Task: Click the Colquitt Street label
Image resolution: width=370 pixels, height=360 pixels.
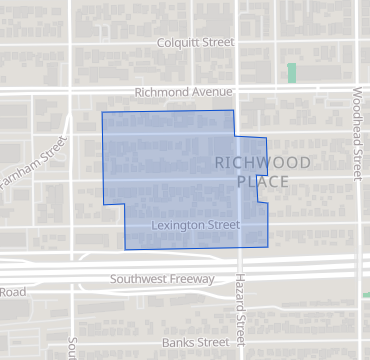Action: pos(196,43)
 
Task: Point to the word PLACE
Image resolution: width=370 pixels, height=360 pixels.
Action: pos(263,182)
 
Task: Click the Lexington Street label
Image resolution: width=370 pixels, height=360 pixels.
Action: pos(196,226)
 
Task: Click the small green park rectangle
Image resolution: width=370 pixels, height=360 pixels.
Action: pos(292,73)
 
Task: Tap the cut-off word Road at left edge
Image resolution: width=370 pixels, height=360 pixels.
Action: pos(12,292)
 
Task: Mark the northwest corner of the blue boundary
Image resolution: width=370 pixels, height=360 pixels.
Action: pos(102,112)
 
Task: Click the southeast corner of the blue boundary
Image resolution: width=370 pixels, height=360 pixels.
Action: pos(270,245)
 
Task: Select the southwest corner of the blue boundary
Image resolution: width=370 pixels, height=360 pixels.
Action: pos(125,249)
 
